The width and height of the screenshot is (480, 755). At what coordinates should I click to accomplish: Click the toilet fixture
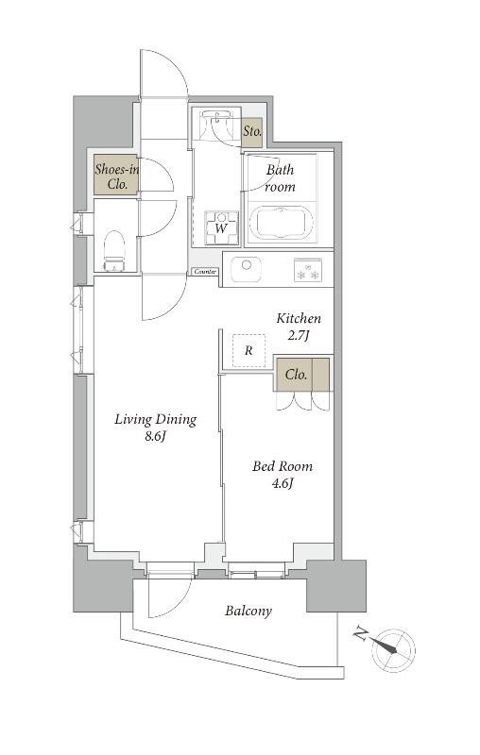[114, 251]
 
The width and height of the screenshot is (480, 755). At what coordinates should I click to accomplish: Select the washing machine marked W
[221, 227]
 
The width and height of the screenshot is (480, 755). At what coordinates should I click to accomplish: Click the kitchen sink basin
[247, 268]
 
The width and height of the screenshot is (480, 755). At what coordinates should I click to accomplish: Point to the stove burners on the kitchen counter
[308, 270]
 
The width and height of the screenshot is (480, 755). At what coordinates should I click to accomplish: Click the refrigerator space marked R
[249, 350]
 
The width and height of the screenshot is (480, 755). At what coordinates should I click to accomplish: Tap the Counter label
[205, 272]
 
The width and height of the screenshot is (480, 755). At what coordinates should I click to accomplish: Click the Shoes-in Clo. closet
[116, 175]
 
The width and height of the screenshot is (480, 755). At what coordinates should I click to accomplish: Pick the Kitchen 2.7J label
[299, 326]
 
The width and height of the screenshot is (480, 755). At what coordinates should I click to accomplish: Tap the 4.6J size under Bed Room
[283, 483]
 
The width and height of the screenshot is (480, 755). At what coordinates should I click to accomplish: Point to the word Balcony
[249, 611]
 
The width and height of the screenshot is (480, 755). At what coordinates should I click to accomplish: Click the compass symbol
[393, 649]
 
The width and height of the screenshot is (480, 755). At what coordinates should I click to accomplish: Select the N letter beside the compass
[359, 632]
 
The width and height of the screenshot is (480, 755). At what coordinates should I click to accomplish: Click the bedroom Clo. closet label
[296, 374]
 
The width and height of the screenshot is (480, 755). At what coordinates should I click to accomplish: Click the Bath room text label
[280, 177]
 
